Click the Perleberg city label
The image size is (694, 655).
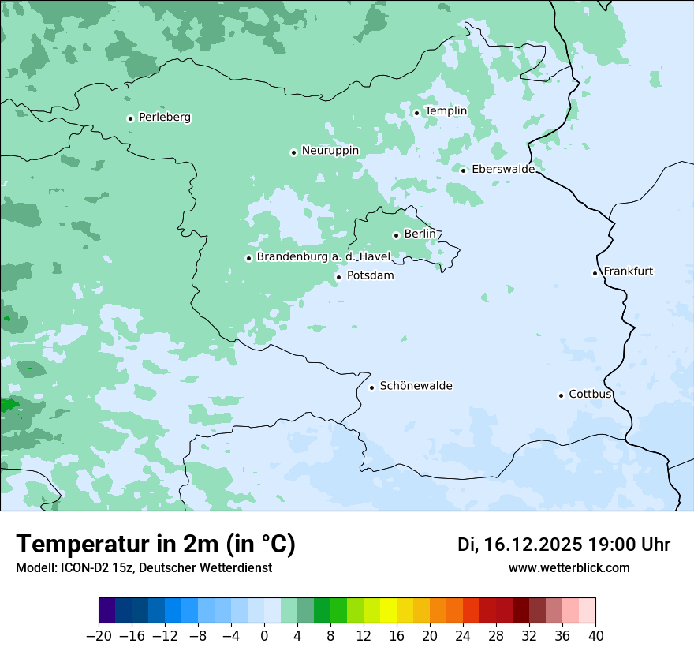164,118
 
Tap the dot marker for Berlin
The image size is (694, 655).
396,235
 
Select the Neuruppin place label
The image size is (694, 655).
330,151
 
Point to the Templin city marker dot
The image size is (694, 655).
416,113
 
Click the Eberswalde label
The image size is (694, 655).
502,170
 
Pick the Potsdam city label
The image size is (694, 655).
370,276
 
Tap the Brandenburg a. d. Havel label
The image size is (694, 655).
323,257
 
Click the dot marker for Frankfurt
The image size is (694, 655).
595,273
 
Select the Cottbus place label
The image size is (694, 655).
590,394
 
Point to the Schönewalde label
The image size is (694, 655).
416,386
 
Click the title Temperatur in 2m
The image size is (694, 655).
155,544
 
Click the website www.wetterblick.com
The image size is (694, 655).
569,567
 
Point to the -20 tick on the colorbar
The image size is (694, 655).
99,636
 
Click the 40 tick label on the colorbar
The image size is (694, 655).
595,636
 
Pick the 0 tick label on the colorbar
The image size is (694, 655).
264,636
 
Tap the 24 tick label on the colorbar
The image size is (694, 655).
463,636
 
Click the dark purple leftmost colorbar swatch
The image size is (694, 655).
106,611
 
